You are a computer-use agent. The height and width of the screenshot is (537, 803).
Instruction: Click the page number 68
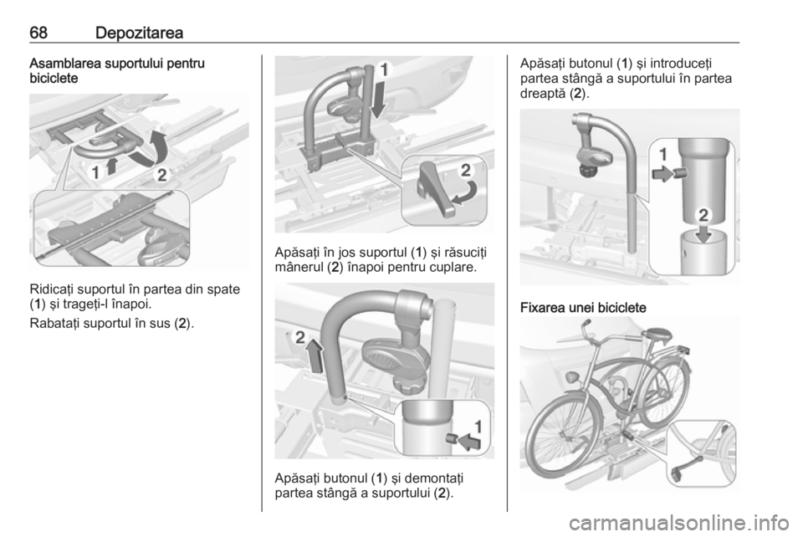(38, 33)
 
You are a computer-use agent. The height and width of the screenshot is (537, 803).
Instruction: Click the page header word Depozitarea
(139, 33)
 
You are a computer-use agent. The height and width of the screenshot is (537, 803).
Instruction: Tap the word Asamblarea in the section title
(65, 64)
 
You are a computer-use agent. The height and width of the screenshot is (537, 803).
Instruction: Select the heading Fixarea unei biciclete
(583, 308)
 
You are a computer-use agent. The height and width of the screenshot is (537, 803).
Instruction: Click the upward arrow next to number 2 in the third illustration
(315, 358)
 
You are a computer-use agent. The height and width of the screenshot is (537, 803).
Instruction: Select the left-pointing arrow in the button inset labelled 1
(469, 441)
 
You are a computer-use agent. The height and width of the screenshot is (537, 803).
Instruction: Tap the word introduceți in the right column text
(681, 64)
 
